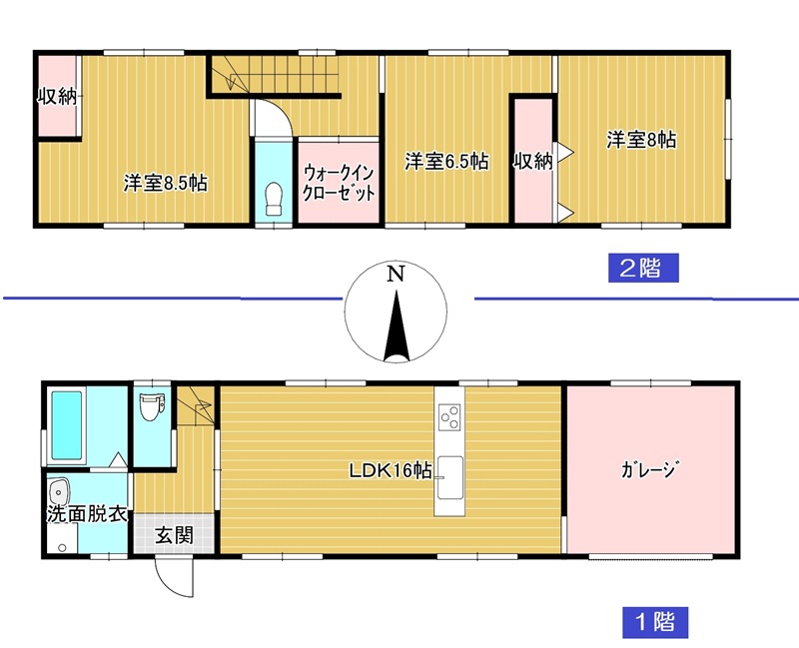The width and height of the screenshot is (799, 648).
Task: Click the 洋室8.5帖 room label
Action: click(165, 184)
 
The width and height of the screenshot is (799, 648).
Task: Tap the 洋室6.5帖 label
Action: click(446, 162)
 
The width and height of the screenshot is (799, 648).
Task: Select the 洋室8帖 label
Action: click(641, 140)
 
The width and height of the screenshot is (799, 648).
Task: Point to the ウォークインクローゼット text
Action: click(339, 183)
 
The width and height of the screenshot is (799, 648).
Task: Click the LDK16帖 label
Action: click(391, 470)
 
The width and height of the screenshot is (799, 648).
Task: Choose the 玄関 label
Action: click(174, 535)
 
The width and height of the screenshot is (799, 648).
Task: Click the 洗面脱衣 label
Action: click(87, 514)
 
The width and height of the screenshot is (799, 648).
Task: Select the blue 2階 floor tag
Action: click(643, 268)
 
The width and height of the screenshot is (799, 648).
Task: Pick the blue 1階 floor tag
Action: click(655, 622)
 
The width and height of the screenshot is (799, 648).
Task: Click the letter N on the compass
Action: click(396, 275)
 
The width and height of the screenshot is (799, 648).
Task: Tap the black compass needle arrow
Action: click(397, 326)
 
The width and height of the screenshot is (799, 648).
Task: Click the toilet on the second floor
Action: click(274, 199)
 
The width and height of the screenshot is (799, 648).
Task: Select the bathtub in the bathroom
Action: click(67, 425)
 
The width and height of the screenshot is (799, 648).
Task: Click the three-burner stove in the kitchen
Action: click(449, 416)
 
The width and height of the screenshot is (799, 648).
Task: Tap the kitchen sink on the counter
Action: click(449, 477)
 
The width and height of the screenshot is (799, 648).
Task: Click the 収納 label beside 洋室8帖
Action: click(533, 162)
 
